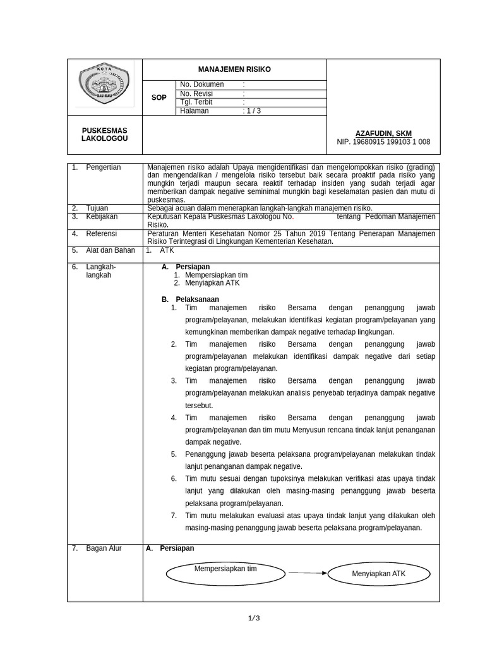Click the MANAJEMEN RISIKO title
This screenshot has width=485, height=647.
[x=234, y=70]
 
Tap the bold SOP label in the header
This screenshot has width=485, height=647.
[x=159, y=98]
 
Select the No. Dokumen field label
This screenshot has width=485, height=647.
[x=201, y=85]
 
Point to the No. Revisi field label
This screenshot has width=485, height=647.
[x=197, y=94]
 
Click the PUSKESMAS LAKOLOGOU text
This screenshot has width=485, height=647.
[x=104, y=135]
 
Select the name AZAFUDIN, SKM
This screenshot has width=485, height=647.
[x=383, y=133]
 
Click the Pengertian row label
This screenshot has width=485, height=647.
[x=104, y=167]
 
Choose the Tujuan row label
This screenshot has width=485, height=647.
[x=97, y=208]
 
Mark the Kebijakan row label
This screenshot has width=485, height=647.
[x=102, y=217]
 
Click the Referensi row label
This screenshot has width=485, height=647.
[x=102, y=233]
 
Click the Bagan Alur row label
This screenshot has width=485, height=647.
[x=104, y=548]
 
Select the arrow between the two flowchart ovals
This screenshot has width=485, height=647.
[x=308, y=573]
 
